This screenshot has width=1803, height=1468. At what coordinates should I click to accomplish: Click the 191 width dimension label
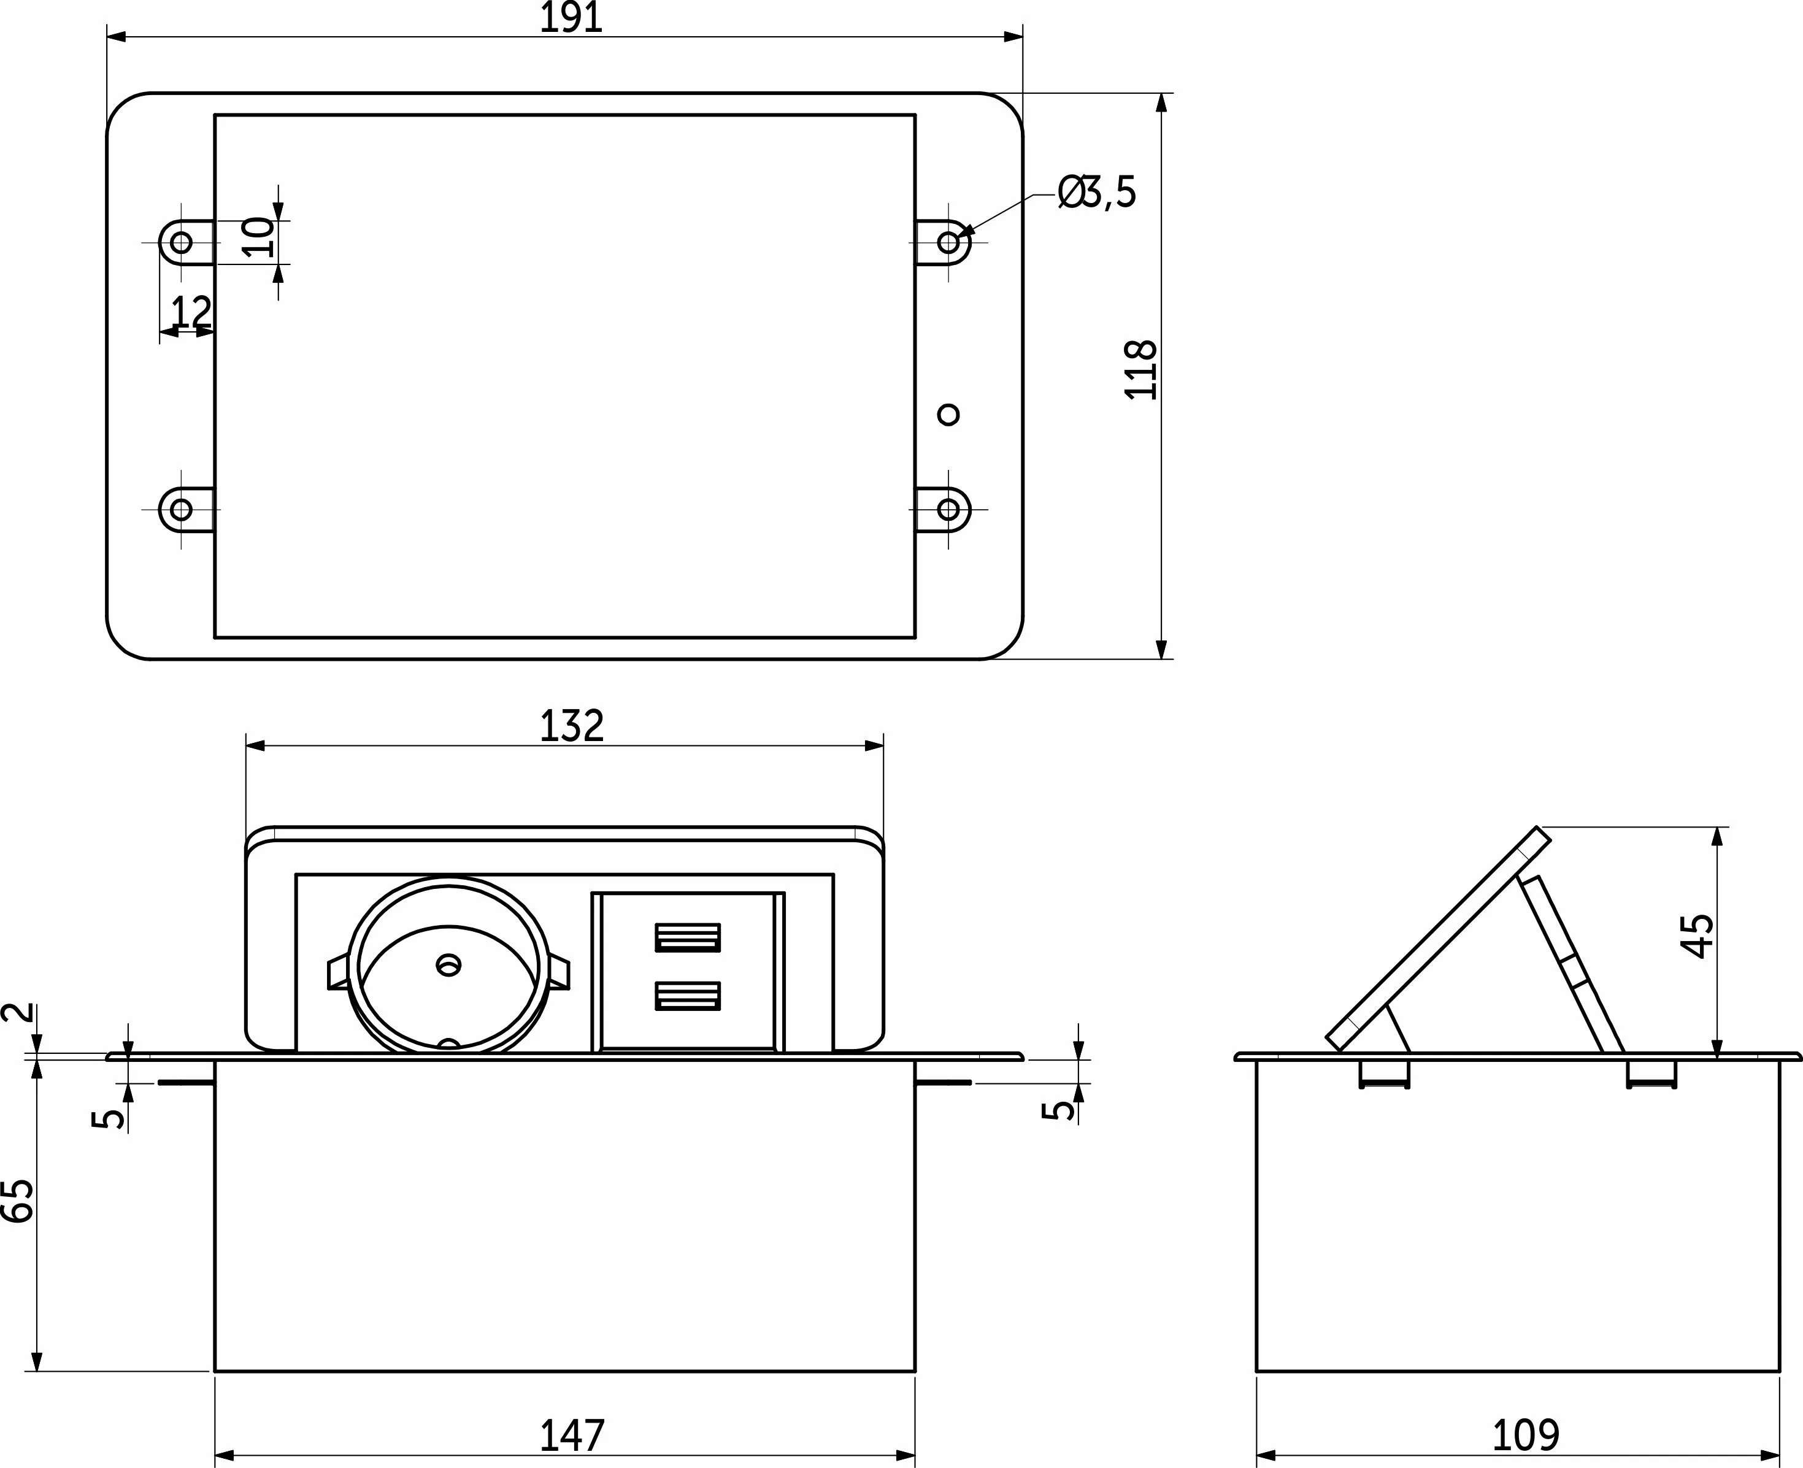point(572,18)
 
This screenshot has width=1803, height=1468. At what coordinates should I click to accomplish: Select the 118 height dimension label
point(1141,369)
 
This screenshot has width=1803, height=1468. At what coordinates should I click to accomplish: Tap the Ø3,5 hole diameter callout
point(1097,193)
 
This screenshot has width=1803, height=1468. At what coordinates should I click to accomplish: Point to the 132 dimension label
point(572,726)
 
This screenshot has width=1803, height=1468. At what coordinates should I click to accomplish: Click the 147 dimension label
point(572,1435)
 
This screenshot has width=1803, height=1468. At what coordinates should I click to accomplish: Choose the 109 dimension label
point(1526,1435)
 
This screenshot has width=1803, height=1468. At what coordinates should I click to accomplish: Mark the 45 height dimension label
point(1697,936)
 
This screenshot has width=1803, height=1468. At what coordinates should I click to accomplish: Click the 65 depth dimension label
point(18,1201)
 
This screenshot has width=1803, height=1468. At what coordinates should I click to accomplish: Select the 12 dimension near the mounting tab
point(191,312)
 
